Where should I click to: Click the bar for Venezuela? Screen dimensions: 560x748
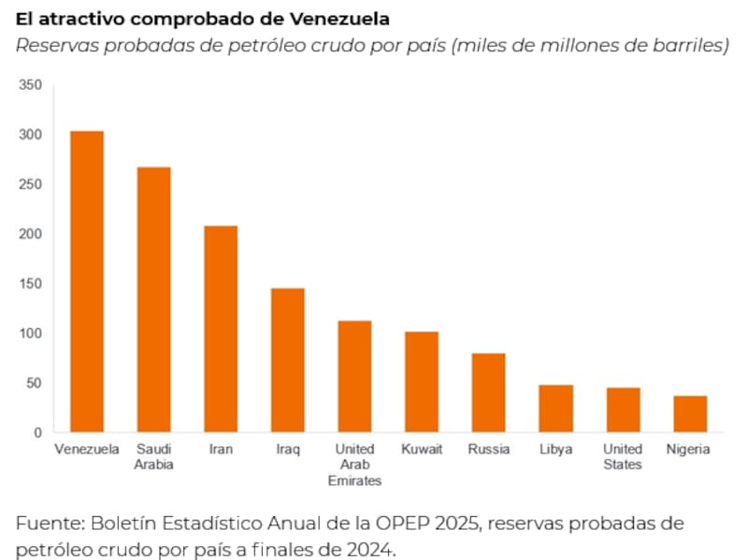click(87, 281)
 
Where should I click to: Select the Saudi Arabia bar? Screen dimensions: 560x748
click(154, 300)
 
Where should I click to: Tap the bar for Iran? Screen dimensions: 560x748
click(221, 329)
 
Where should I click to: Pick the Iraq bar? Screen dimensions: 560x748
click(288, 360)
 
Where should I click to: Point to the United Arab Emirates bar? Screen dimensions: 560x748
click(354, 377)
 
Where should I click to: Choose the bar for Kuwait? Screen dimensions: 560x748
click(422, 381)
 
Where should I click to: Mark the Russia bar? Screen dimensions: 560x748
click(488, 393)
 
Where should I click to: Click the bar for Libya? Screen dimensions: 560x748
click(555, 409)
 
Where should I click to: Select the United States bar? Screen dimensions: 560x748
click(623, 409)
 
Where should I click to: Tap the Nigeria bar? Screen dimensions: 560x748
click(690, 414)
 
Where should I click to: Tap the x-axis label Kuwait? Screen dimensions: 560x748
click(422, 450)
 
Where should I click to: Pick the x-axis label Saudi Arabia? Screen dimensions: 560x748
click(153, 457)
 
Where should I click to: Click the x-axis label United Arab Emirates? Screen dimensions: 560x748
click(354, 465)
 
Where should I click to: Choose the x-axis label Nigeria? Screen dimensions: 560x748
click(688, 450)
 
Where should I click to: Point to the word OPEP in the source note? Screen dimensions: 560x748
click(426, 523)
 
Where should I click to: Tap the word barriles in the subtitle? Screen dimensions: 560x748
click(696, 46)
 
